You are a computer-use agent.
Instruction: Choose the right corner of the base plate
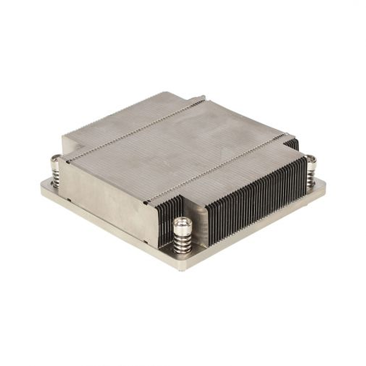(324, 185)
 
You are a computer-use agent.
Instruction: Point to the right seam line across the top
(217, 166)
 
